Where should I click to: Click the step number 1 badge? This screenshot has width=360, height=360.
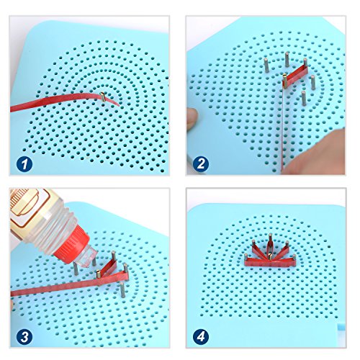coord(24,164)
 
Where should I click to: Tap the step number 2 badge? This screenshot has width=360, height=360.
coord(201,164)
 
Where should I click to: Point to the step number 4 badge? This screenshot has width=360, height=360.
coord(201,336)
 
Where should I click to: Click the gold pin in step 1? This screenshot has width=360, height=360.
coord(103,96)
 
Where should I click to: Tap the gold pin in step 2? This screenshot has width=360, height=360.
coord(285,81)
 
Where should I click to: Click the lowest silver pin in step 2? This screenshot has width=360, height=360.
coord(304,98)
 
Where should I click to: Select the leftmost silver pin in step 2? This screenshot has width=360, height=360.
coord(266,65)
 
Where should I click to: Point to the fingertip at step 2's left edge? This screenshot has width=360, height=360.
coord(192,119)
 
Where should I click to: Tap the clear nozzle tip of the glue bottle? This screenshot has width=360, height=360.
coord(86,259)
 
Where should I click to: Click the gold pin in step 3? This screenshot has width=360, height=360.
coord(99,274)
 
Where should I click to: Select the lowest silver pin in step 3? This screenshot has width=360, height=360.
coord(122,289)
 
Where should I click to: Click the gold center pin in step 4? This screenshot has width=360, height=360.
coord(271,256)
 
